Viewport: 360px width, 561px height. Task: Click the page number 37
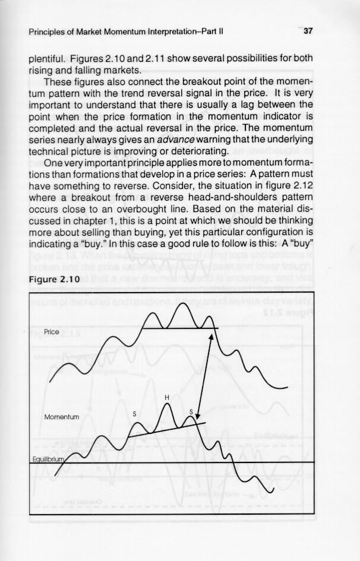click(308, 32)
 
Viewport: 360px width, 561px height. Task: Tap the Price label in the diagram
click(52, 332)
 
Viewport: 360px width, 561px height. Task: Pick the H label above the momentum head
click(167, 397)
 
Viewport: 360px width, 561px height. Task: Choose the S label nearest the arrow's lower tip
click(191, 411)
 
